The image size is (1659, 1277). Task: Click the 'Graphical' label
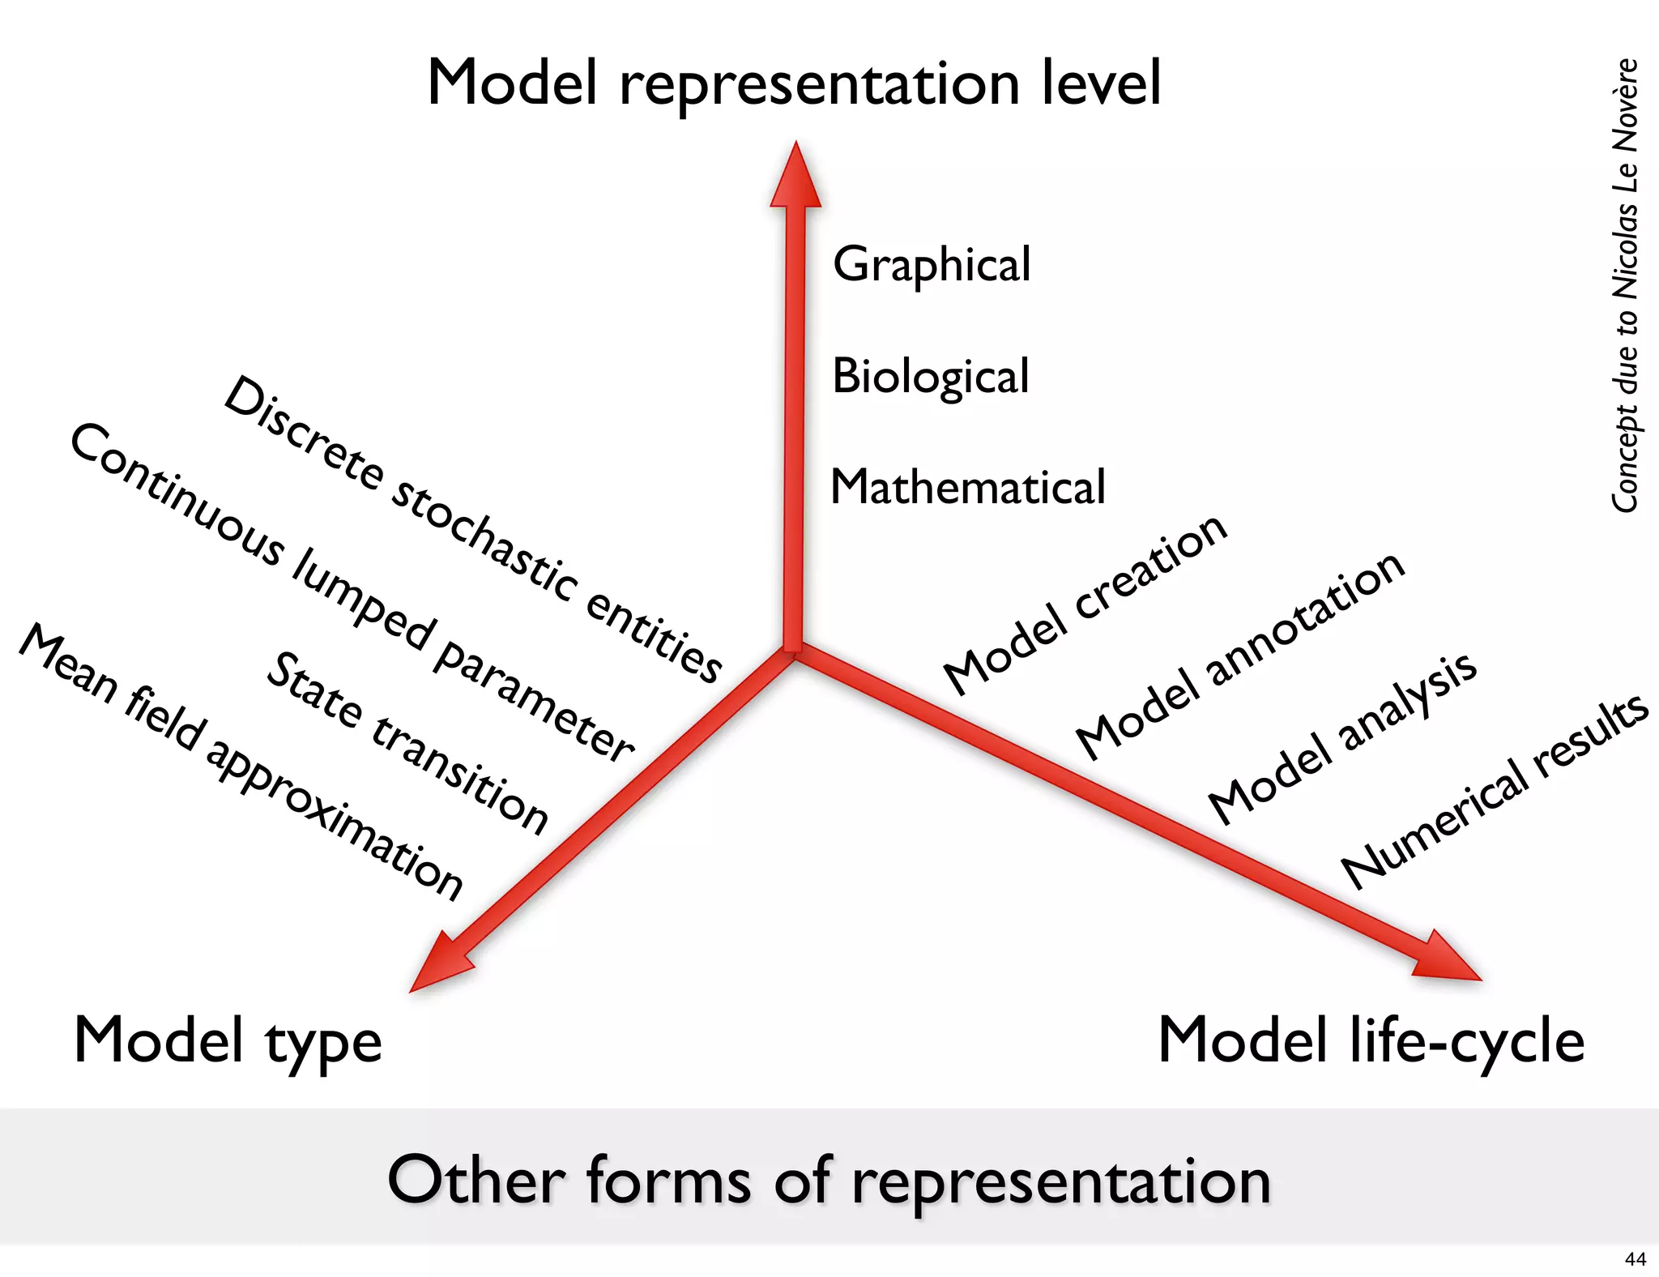(932, 265)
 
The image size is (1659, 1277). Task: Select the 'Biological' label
(930, 377)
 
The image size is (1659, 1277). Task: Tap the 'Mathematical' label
(967, 487)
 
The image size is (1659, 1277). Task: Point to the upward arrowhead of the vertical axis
(795, 177)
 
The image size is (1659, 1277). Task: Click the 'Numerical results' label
(1495, 791)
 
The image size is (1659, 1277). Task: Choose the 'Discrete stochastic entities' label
(472, 530)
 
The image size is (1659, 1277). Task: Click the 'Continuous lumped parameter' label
(352, 592)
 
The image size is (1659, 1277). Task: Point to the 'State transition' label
(407, 742)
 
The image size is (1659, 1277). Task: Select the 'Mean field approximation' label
(241, 762)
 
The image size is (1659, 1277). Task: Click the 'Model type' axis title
(228, 1041)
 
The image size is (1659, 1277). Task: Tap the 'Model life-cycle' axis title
(1371, 1040)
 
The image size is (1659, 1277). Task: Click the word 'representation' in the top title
(819, 84)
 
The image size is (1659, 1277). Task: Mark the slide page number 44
(1635, 1259)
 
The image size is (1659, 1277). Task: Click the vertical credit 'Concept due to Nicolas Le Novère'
(1625, 285)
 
